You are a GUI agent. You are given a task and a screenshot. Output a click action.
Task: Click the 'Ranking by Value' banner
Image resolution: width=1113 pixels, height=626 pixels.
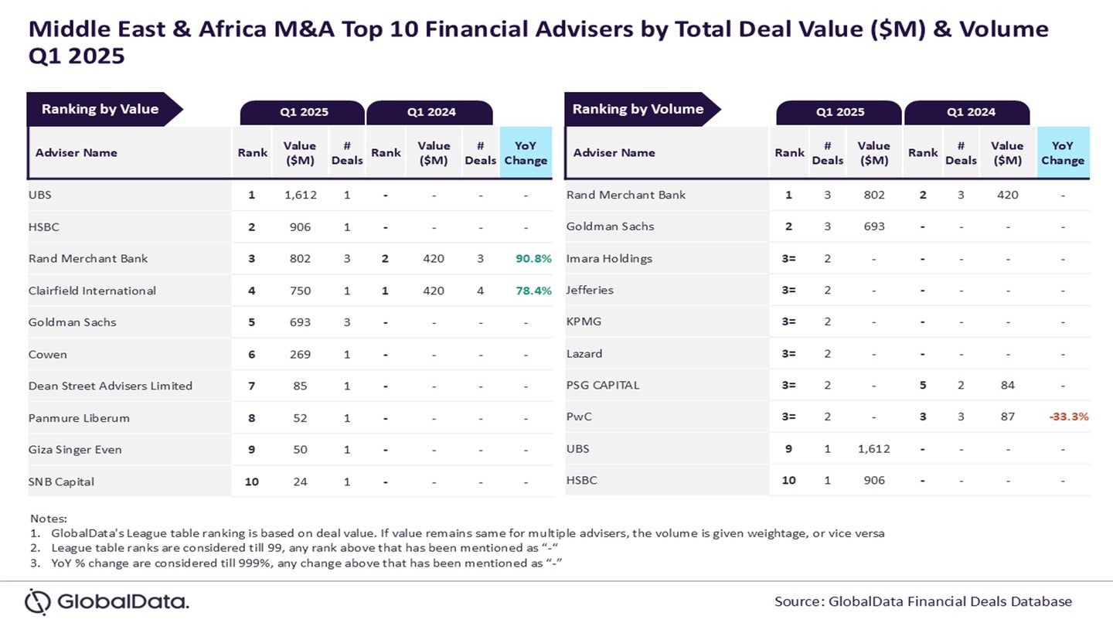pyautogui.click(x=100, y=109)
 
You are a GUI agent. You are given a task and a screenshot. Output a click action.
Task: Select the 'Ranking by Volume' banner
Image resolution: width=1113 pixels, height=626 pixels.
pyautogui.click(x=638, y=109)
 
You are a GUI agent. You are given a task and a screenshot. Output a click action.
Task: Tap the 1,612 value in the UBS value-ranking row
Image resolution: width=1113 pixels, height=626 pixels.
pyautogui.click(x=299, y=195)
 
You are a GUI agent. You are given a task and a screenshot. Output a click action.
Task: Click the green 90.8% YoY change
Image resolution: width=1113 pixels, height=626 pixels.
pyautogui.click(x=533, y=258)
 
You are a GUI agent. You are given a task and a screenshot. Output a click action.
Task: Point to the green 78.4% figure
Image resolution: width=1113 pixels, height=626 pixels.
pyautogui.click(x=533, y=291)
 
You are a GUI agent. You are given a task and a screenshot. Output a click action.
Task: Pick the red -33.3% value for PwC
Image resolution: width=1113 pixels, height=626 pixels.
pyautogui.click(x=1068, y=417)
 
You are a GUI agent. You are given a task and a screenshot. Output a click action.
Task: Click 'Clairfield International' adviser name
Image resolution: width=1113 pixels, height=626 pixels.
pyautogui.click(x=92, y=291)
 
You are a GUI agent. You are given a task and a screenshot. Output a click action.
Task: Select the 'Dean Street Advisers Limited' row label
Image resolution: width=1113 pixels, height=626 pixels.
pyautogui.click(x=110, y=386)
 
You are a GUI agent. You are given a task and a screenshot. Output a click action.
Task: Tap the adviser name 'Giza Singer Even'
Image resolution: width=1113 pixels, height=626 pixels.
pyautogui.click(x=75, y=450)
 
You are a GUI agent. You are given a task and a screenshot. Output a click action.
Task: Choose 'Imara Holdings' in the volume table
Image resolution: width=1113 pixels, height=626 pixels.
pyautogui.click(x=609, y=258)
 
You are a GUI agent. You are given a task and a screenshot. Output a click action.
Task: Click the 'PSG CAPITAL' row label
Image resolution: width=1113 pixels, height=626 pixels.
pyautogui.click(x=603, y=385)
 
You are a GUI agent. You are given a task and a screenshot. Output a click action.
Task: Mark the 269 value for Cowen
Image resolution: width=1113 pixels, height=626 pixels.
pyautogui.click(x=299, y=354)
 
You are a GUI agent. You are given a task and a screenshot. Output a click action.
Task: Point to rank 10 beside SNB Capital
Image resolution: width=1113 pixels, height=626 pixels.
pyautogui.click(x=251, y=481)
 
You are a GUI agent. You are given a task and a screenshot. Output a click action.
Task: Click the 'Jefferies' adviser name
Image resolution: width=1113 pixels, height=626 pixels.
pyautogui.click(x=590, y=290)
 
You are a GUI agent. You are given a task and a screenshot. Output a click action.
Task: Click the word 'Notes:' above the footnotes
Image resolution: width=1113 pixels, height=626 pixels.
pyautogui.click(x=49, y=518)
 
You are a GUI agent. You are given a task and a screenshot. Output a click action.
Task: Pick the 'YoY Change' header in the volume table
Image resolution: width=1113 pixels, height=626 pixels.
pyautogui.click(x=1062, y=152)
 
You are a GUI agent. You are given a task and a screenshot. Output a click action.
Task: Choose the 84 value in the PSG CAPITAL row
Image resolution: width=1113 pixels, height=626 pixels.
pyautogui.click(x=1007, y=385)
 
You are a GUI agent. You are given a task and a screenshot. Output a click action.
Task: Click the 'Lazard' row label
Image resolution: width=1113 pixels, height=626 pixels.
pyautogui.click(x=584, y=353)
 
